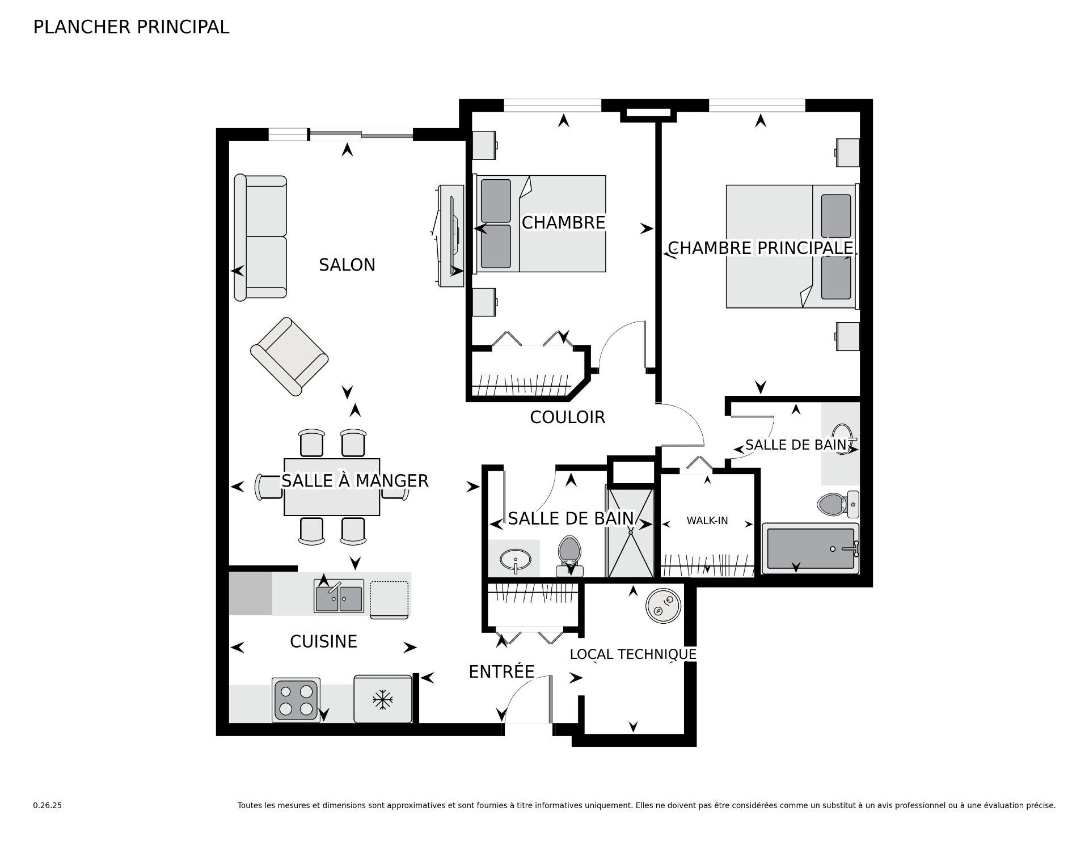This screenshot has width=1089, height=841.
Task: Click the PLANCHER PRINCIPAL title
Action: (131, 27)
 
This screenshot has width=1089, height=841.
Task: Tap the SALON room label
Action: (347, 265)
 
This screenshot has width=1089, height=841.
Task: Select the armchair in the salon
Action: (290, 356)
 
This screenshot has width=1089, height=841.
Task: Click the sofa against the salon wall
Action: (261, 238)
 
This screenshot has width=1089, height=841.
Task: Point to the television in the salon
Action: (453, 235)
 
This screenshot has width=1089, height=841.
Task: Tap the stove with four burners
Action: (296, 700)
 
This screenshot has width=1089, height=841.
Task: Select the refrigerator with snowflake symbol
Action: (383, 699)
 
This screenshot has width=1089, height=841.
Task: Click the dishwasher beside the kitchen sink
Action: (389, 599)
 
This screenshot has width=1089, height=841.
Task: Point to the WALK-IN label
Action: (707, 520)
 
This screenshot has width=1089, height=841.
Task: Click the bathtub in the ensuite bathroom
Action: (810, 548)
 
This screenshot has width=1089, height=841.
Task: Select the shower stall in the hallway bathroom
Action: (631, 531)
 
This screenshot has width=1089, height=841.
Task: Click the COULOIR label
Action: (567, 417)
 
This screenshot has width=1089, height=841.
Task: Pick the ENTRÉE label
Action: (501, 672)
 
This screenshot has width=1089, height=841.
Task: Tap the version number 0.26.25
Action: (47, 805)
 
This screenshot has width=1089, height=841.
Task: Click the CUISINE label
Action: (323, 641)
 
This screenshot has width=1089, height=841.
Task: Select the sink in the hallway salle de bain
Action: (516, 560)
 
